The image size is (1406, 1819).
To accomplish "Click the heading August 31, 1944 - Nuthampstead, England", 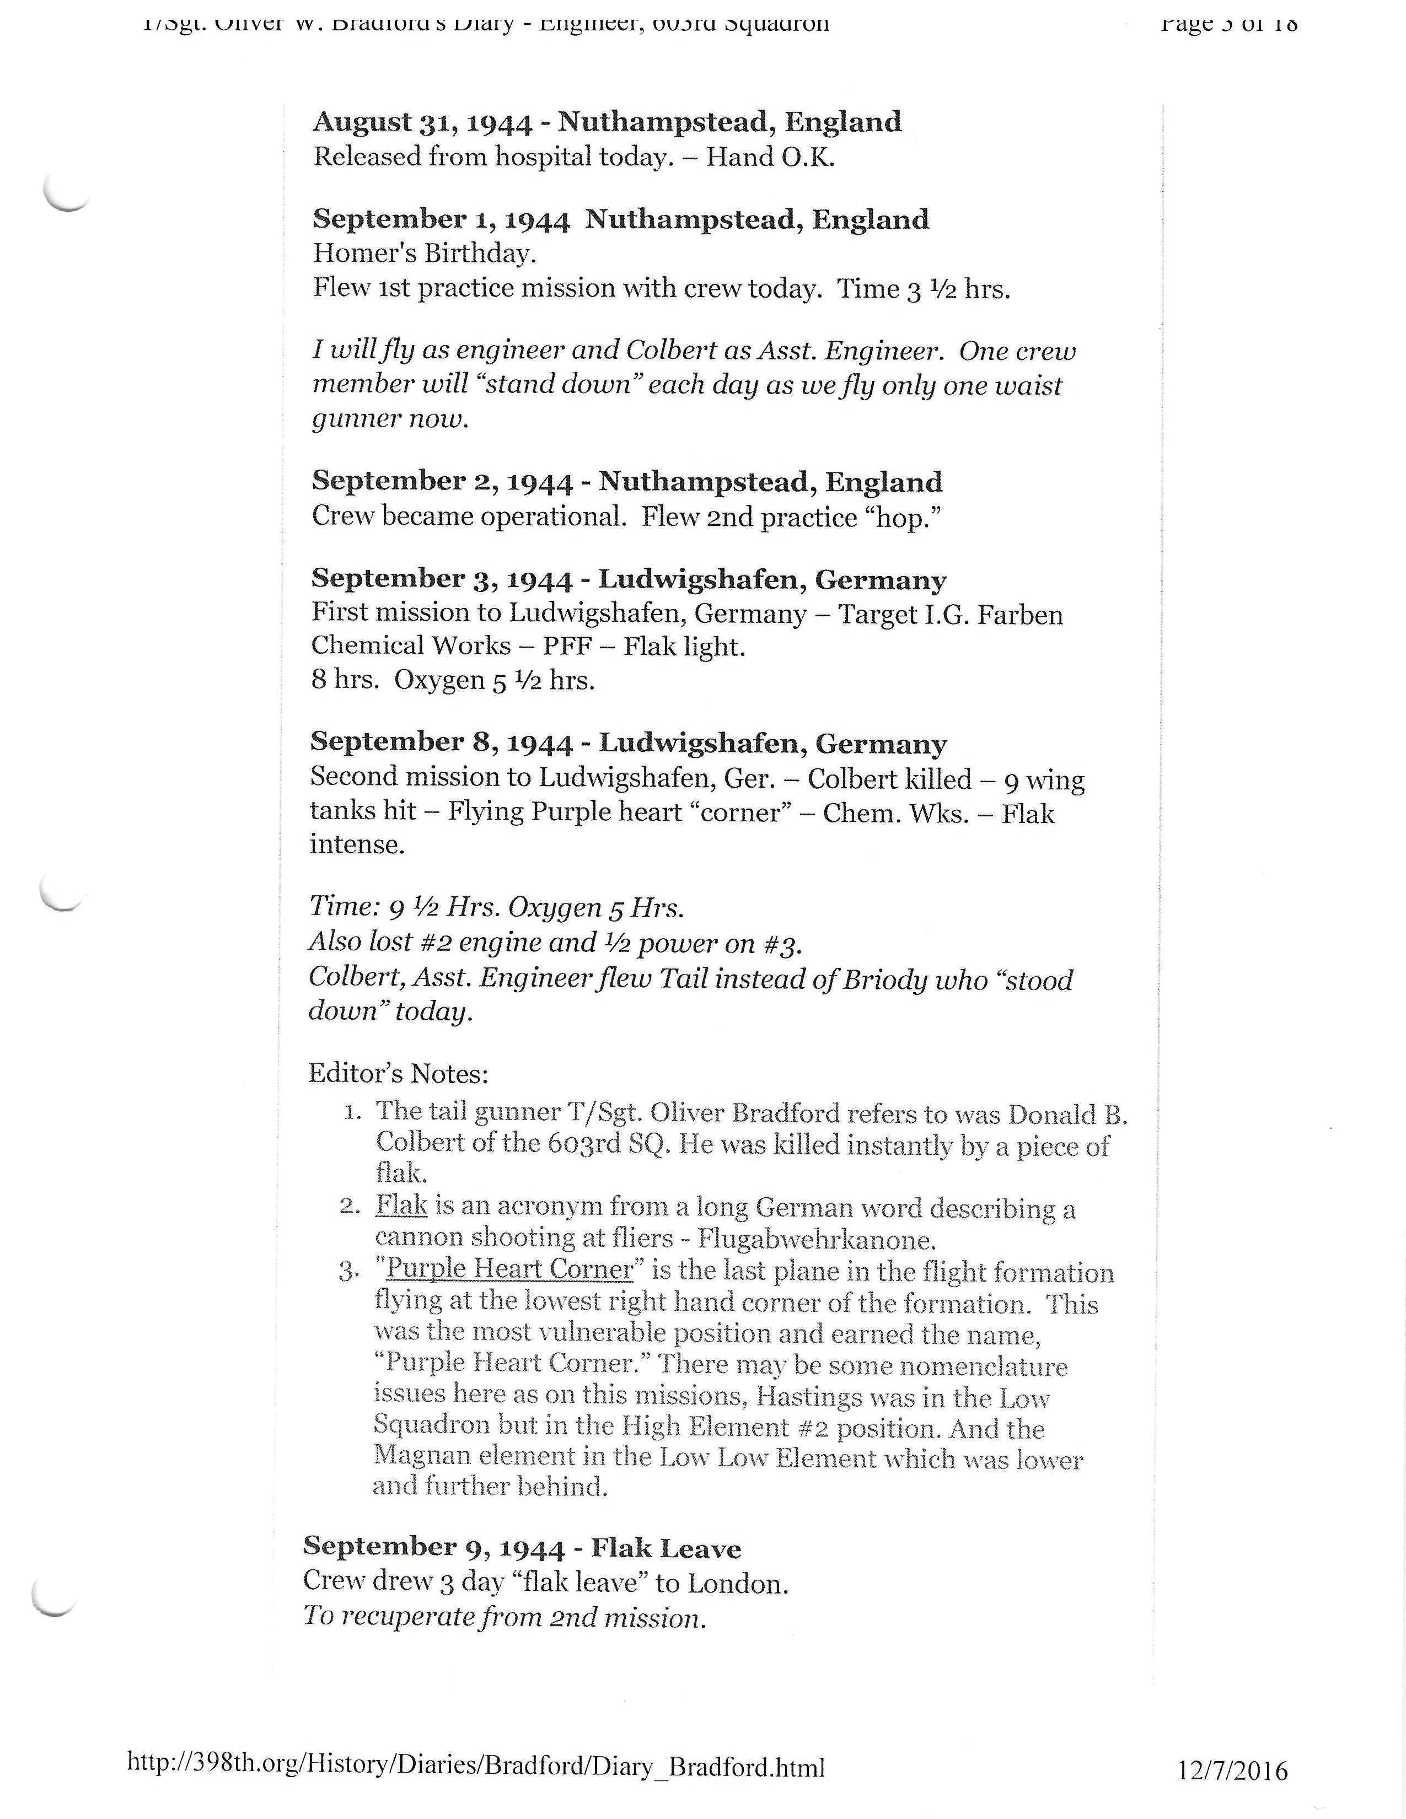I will [607, 122].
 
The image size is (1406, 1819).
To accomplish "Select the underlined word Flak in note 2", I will [401, 1205].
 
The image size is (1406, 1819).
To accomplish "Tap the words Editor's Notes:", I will [398, 1074].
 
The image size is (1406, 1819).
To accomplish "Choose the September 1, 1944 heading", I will [620, 220].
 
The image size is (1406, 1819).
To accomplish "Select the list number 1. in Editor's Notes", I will [352, 1111].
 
